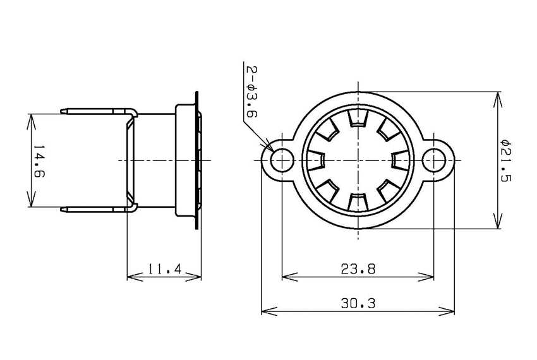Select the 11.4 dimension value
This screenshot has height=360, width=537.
(165, 270)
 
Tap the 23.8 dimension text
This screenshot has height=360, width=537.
(358, 269)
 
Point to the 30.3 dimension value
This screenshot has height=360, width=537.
(358, 304)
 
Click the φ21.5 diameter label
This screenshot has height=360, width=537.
(505, 160)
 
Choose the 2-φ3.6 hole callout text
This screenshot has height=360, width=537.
(250, 92)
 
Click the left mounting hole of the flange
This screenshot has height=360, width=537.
(282, 160)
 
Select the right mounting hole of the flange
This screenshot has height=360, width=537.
(435, 160)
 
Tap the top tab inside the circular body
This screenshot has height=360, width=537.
(358, 118)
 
